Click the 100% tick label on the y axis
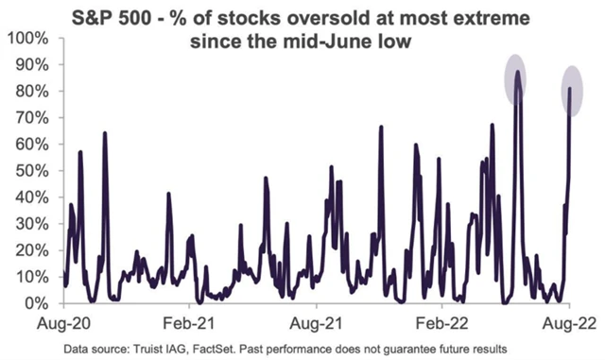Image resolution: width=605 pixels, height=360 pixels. (x=29, y=38)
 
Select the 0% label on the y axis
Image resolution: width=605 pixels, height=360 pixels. (x=37, y=304)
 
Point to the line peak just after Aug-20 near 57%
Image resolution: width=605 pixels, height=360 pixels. (x=80, y=153)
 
